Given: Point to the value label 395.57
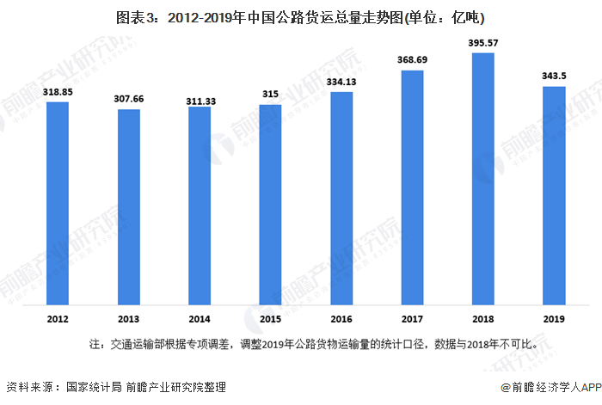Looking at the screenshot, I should [483, 42].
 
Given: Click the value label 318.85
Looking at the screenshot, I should [58, 91].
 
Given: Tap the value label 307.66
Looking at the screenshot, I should [129, 99].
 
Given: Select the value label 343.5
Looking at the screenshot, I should [555, 76].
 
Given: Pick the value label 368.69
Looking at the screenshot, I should [413, 59].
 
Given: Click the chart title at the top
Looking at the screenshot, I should [301, 16].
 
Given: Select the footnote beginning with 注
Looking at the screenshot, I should [314, 345].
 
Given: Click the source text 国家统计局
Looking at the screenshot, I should [94, 387].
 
